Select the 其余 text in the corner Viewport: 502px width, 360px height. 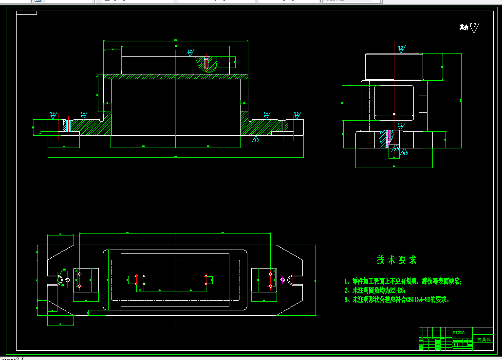point(464,28)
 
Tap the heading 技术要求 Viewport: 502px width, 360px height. point(397,260)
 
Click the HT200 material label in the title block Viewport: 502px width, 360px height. point(459,333)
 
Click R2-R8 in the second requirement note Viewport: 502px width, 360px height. point(397,290)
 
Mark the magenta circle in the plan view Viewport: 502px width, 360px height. point(283,280)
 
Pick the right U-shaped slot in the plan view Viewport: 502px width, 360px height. point(294,280)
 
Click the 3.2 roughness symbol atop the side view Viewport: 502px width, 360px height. point(401,49)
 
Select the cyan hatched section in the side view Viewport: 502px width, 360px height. point(386,138)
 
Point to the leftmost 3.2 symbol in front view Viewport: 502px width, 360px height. point(53,115)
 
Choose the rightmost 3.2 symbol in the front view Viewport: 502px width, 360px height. point(296,115)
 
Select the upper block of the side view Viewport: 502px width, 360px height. point(394,67)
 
